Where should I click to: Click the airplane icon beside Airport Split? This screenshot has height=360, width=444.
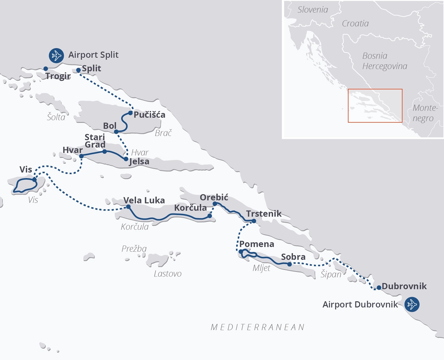(x=56, y=55)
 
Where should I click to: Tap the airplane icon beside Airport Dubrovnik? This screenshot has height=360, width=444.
(x=412, y=304)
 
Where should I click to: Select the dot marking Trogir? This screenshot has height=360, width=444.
(x=46, y=69)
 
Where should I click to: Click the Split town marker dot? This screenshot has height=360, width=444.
(x=78, y=70)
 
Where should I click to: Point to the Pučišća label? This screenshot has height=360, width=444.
(x=149, y=115)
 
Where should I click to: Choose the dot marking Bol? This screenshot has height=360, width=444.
(x=116, y=132)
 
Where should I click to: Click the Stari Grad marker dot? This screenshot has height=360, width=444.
(x=104, y=151)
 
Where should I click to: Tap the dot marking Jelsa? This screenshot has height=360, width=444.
(x=126, y=159)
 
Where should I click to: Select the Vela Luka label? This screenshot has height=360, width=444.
(x=144, y=200)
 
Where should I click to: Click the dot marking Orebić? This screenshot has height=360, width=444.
(x=215, y=204)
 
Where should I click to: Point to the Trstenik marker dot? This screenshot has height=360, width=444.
(x=254, y=221)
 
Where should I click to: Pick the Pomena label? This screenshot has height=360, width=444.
(x=257, y=244)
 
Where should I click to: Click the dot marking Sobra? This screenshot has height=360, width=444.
(x=289, y=264)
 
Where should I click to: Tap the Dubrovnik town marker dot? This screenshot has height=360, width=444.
(x=379, y=288)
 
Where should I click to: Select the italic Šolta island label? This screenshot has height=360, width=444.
(x=56, y=117)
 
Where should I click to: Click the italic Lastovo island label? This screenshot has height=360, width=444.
(x=168, y=274)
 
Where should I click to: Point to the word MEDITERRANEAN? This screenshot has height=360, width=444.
(x=258, y=327)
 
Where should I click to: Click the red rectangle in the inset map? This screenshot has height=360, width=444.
(x=375, y=106)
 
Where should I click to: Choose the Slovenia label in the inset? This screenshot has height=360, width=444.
(x=313, y=10)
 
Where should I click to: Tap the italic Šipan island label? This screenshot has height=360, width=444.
(x=331, y=275)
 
